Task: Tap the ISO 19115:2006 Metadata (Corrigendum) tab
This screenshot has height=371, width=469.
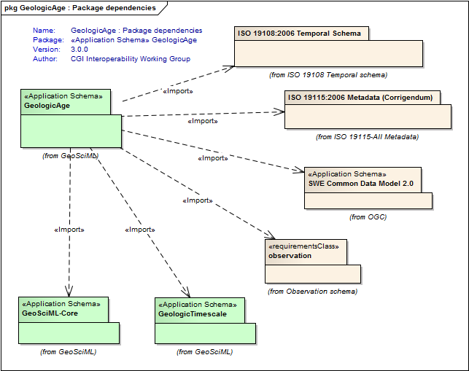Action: pos(360,98)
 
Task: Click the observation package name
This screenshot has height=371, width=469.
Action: pos(290,256)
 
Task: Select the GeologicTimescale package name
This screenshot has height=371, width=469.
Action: pos(192,314)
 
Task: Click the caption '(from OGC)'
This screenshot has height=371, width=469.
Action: pos(368,216)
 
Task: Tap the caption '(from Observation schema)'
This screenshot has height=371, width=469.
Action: pos(312,291)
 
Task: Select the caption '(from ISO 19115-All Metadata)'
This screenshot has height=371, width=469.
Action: pos(367,136)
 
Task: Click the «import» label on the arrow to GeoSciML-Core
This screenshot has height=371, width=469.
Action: pos(69,230)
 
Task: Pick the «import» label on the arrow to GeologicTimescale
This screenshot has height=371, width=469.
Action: pos(140,230)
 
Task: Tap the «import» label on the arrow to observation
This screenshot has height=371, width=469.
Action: pos(196,200)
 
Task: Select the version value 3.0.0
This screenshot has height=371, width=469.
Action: pos(80,50)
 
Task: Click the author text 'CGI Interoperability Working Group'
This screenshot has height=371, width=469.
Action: pos(131,59)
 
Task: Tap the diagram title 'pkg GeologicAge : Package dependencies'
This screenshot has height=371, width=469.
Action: pos(80,8)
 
